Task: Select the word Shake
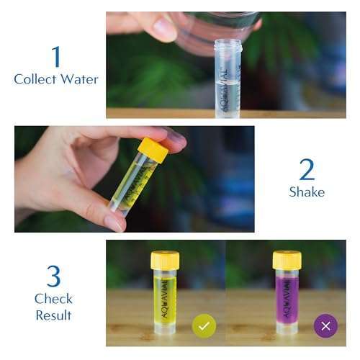point(307,192)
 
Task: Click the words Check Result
point(53,306)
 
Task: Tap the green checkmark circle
point(204,325)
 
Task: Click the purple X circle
point(325,325)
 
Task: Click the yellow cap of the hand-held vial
point(153,149)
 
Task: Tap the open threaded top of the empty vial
point(228,46)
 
